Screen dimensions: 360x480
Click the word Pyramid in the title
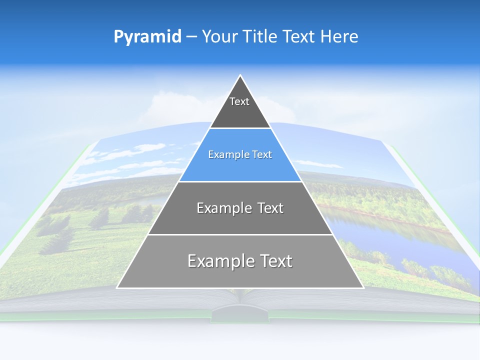(x=147, y=37)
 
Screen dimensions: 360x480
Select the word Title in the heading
(x=262, y=37)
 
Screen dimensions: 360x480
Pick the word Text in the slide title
(x=300, y=37)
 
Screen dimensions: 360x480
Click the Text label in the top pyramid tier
(x=239, y=102)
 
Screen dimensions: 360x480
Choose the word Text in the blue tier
(x=262, y=155)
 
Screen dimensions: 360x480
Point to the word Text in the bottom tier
(x=274, y=261)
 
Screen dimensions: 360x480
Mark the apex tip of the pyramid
(x=240, y=76)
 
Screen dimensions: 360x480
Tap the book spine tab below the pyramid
(x=240, y=315)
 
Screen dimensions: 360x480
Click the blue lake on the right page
(x=380, y=225)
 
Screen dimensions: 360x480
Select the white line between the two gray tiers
(x=240, y=234)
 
